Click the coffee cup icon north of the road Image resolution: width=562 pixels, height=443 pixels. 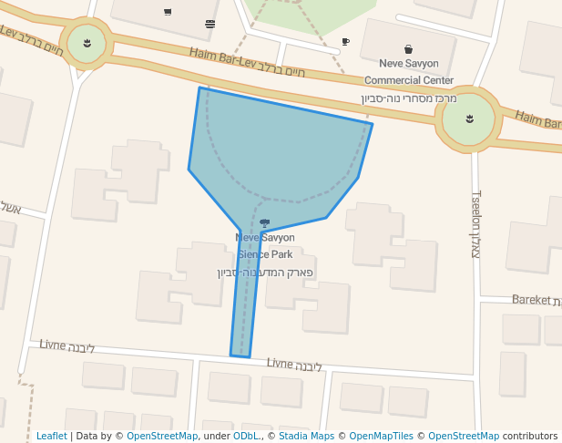pyautogui.click(x=345, y=42)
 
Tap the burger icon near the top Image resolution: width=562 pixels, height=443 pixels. pyautogui.click(x=210, y=24)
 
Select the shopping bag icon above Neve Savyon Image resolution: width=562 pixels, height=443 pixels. pyautogui.click(x=408, y=49)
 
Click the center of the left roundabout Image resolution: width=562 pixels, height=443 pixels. pyautogui.click(x=87, y=44)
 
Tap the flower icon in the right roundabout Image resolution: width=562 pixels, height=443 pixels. pyautogui.click(x=469, y=118)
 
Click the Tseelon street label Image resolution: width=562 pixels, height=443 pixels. pyautogui.click(x=475, y=223)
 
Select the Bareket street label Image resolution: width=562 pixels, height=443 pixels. pyautogui.click(x=531, y=299)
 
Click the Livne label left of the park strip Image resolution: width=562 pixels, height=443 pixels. pyautogui.click(x=54, y=345)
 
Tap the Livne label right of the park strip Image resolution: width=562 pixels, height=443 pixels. pyautogui.click(x=281, y=363)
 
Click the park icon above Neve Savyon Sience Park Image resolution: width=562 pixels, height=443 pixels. pyautogui.click(x=265, y=222)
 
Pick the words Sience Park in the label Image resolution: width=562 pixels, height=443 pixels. pyautogui.click(x=265, y=254)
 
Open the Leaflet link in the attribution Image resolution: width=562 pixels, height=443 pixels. pyautogui.click(x=51, y=437)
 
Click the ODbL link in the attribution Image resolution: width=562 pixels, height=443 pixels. pyautogui.click(x=245, y=437)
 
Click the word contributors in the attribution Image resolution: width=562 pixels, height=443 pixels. pyautogui.click(x=530, y=437)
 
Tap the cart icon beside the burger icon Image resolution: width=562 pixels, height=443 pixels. pyautogui.click(x=168, y=12)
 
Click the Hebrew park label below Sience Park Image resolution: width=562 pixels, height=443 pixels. pyautogui.click(x=265, y=272)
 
